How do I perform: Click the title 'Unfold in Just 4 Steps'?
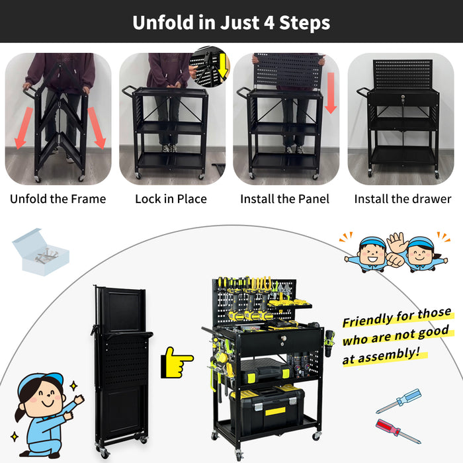(x=231, y=22)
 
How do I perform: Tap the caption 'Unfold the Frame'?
(x=58, y=198)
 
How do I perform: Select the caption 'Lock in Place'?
(x=171, y=198)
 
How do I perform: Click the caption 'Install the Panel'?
(x=284, y=198)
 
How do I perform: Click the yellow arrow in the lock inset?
(x=222, y=65)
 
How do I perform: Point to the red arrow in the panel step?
(x=331, y=93)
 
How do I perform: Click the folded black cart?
(x=122, y=370)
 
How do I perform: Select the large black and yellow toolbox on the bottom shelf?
(x=268, y=405)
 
